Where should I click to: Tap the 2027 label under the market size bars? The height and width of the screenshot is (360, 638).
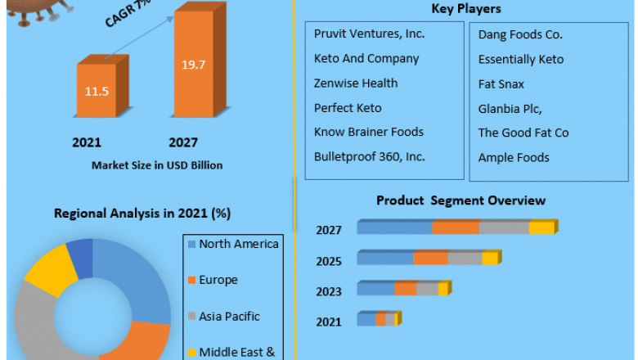pyautogui.click(x=183, y=142)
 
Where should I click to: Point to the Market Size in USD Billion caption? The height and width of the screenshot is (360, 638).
pyautogui.click(x=157, y=164)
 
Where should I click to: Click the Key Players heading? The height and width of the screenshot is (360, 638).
pyautogui.click(x=465, y=9)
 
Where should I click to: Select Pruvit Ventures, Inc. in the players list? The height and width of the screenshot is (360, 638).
pyautogui.click(x=369, y=34)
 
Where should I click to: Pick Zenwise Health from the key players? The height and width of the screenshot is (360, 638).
pyautogui.click(x=356, y=83)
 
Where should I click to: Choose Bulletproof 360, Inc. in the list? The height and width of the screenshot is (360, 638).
pyautogui.click(x=369, y=156)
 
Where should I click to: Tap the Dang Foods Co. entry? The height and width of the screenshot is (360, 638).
pyautogui.click(x=520, y=34)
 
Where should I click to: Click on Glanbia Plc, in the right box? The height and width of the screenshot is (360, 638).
pyautogui.click(x=510, y=108)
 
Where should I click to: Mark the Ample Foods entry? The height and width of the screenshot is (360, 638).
pyautogui.click(x=514, y=157)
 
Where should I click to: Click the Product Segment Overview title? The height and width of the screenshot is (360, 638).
pyautogui.click(x=461, y=200)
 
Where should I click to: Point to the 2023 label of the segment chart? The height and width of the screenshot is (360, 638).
pyautogui.click(x=329, y=290)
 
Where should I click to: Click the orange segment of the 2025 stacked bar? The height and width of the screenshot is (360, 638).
pyautogui.click(x=430, y=259)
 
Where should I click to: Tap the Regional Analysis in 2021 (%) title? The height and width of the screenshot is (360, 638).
pyautogui.click(x=142, y=214)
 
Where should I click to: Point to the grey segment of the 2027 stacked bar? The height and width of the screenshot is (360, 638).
pyautogui.click(x=504, y=228)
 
